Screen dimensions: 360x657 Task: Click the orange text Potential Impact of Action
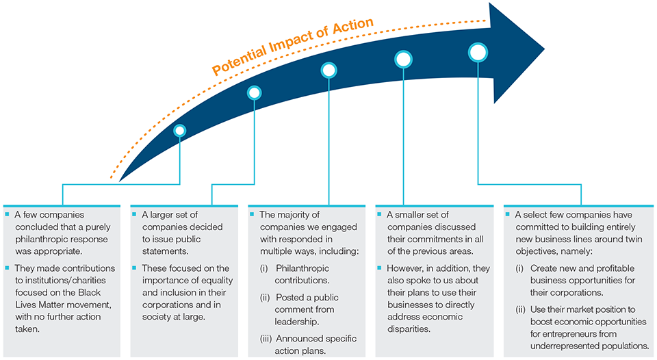coord(292,45)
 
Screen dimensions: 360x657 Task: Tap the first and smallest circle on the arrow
coord(180,130)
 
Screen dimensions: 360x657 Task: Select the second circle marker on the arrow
coord(255,92)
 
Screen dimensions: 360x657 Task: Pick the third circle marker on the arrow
coord(329,70)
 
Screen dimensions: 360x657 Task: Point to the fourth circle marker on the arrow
coord(403,59)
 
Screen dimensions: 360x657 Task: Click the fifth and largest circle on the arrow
coord(478,52)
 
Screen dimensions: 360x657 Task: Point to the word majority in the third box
coord(297,215)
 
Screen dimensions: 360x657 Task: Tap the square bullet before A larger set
coord(133,215)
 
